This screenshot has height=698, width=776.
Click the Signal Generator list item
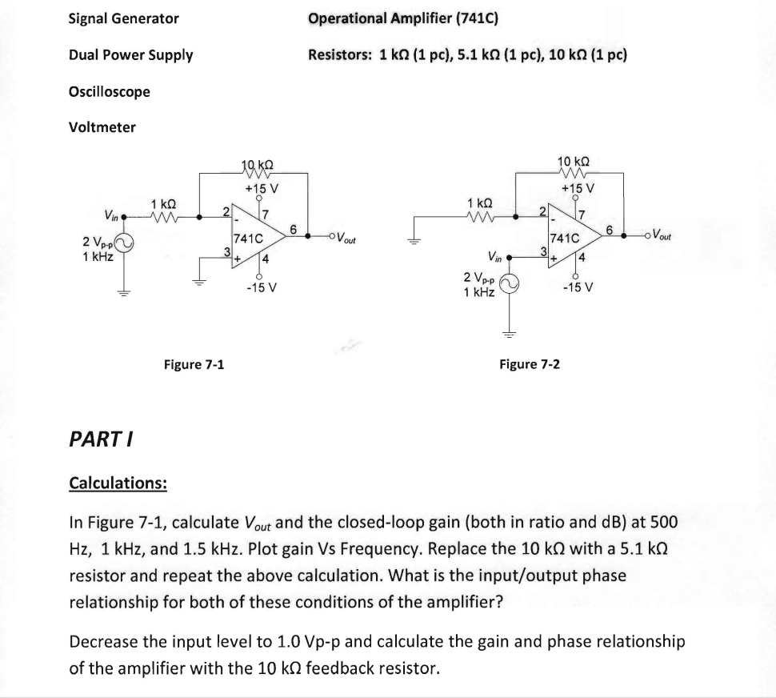tap(124, 18)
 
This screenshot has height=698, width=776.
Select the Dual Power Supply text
tap(130, 55)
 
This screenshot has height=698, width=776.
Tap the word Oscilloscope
tap(110, 91)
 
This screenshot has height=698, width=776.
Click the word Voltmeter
tap(102, 127)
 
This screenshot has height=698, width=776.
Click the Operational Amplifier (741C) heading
tap(403, 18)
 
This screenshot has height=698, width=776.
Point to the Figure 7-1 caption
tap(194, 364)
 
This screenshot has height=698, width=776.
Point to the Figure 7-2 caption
tap(530, 364)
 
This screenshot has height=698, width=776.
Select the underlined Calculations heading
tap(118, 483)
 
